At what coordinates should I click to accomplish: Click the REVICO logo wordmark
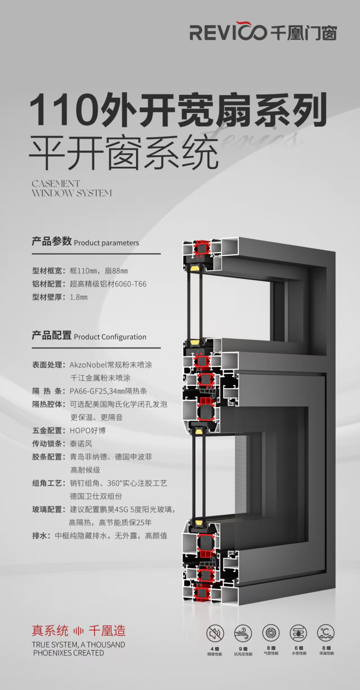point(228,31)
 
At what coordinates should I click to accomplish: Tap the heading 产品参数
point(52,241)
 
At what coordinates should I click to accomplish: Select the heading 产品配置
point(52,336)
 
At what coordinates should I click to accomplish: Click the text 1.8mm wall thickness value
point(79,297)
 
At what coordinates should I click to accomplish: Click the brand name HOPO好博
point(88,430)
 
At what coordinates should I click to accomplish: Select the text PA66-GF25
point(88,391)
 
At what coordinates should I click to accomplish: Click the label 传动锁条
point(47,444)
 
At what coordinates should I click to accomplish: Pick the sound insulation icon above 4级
point(215,633)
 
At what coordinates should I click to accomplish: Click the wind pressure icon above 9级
point(243,633)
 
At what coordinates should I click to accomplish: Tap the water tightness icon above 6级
point(299,633)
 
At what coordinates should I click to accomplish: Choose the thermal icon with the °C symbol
point(326,633)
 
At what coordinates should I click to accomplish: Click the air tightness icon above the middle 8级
point(271,633)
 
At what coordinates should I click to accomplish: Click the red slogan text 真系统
point(50,630)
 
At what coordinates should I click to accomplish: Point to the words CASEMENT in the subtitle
point(56,184)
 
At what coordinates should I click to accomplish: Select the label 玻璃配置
point(47,509)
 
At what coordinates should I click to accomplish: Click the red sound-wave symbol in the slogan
point(79,631)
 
